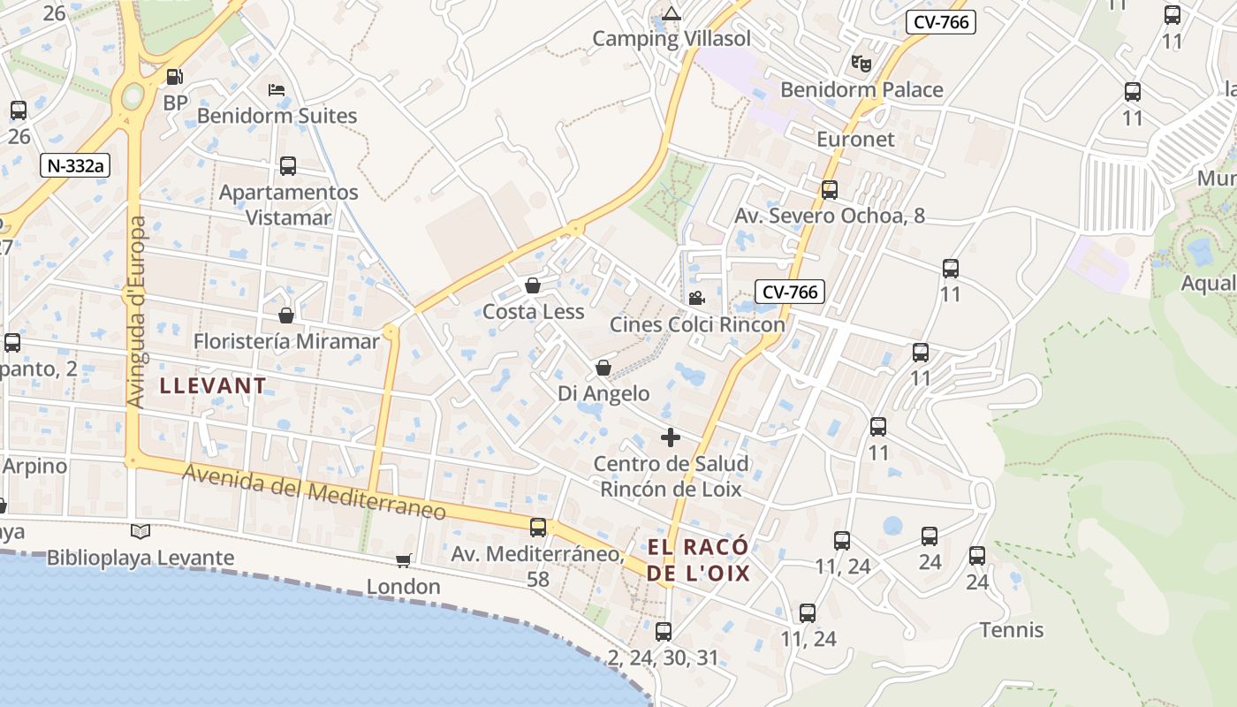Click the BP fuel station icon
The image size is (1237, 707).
pos(175,78)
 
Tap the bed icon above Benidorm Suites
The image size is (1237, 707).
pos(277,90)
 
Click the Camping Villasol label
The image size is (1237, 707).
pos(671,38)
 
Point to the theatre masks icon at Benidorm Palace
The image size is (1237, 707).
pos(861,63)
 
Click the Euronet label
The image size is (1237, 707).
pos(855,139)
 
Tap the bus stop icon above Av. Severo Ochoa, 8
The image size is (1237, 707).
pos(829,189)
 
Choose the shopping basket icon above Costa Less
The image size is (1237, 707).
pos(532,285)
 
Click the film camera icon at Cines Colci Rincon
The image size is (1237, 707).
pos(696,298)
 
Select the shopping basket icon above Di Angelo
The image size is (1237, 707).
pos(603,368)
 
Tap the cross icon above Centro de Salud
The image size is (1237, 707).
pos(671,437)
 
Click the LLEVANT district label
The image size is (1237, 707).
pos(213,385)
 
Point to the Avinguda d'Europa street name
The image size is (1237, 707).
pos(136,313)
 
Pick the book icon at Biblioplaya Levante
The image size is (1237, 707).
pos(140,531)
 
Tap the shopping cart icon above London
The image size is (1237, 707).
pos(404,560)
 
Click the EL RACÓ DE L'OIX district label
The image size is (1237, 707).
pos(698,559)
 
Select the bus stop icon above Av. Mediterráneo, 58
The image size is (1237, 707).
pos(537,528)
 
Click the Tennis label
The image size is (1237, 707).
pos(1012,630)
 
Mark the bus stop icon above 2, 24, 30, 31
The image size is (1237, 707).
pos(664,632)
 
